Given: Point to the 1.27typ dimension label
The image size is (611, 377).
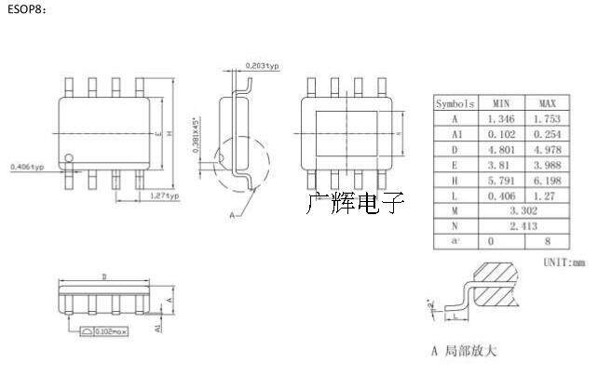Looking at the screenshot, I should [x=165, y=196].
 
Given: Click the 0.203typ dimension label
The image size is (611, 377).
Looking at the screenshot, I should [x=263, y=65].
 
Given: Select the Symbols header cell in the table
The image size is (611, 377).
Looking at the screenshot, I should [x=455, y=103].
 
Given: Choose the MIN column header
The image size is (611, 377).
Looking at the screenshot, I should [x=501, y=103].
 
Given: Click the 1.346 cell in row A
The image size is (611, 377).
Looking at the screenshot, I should [x=501, y=119].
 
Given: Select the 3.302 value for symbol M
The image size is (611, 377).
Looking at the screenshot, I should [x=523, y=211].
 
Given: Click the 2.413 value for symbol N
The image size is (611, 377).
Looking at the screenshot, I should [x=523, y=226].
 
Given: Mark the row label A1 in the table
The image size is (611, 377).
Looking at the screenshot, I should [x=455, y=134].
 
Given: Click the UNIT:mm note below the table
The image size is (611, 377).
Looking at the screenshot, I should [x=564, y=263].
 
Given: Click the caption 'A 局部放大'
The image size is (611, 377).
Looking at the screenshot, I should [x=466, y=351].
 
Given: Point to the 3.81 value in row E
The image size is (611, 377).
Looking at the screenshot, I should [x=501, y=165].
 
